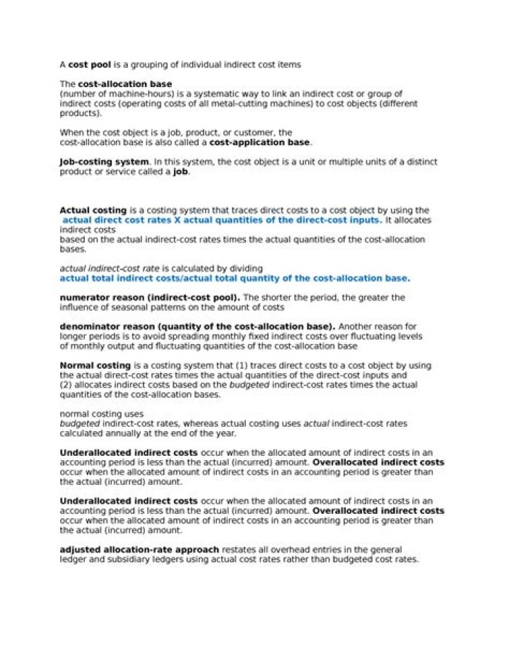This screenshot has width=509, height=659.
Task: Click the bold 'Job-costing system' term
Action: [104, 161]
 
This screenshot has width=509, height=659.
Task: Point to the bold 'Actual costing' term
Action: [93, 210]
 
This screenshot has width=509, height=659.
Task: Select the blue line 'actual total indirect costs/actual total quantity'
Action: [234, 278]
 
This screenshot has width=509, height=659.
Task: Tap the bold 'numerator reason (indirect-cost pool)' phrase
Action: [149, 297]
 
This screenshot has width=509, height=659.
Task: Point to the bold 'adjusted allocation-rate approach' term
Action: [140, 549]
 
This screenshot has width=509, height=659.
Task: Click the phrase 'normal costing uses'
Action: [102, 413]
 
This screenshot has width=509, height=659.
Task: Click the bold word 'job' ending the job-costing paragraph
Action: [180, 171]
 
